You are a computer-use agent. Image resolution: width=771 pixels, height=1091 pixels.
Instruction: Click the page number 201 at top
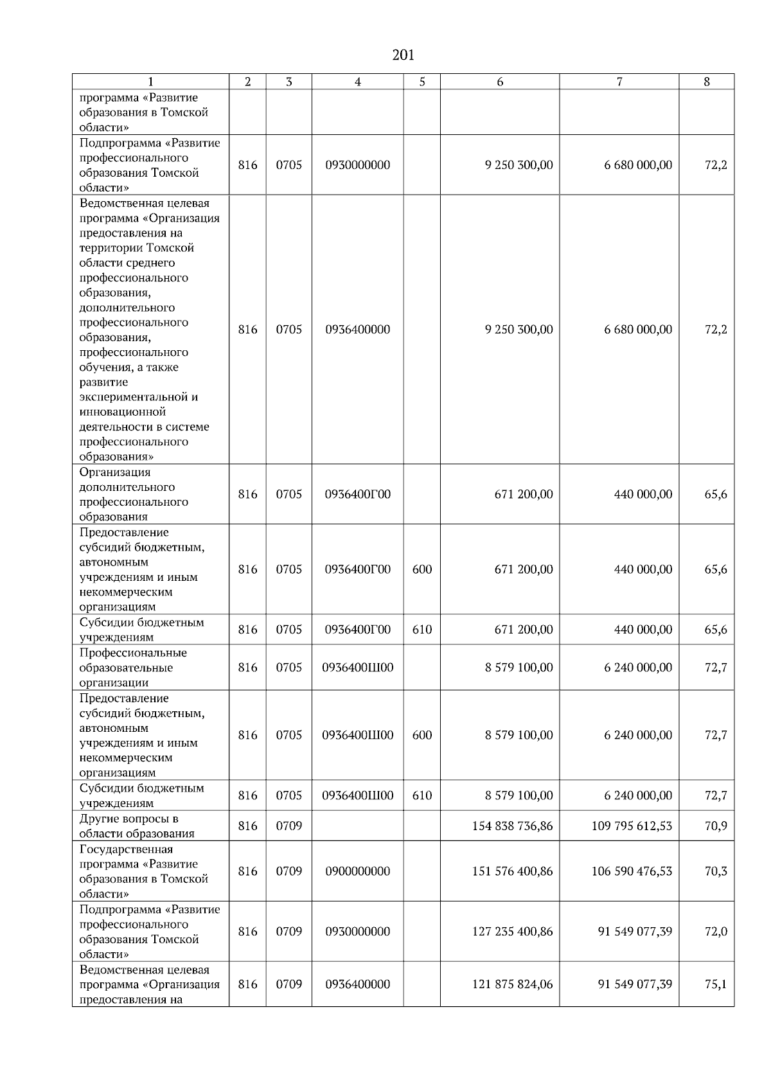coord(403,55)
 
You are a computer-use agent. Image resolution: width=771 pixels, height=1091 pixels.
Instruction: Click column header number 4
coord(357,82)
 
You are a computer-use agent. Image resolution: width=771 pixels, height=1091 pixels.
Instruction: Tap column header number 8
coord(707,82)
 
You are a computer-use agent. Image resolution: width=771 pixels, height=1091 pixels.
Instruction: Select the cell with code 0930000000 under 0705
coord(357,165)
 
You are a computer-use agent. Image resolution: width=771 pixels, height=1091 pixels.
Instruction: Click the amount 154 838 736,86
coord(512,826)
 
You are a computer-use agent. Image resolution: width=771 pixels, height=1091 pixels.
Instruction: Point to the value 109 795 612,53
coord(632,826)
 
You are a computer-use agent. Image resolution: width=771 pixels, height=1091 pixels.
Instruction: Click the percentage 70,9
coord(716,826)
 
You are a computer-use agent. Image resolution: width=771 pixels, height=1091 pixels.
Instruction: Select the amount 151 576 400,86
coord(512,871)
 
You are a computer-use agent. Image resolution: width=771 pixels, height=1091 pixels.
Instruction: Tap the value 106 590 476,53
coord(632,871)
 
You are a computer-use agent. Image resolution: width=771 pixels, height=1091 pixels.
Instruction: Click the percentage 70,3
coord(716,871)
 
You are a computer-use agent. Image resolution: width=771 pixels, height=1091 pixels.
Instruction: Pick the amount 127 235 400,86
coord(512,932)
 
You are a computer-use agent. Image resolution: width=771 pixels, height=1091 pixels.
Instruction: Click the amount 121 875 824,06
coord(512,984)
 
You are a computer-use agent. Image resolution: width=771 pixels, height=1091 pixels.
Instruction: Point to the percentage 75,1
coord(716,984)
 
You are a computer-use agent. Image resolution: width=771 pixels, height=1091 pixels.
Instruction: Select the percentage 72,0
coord(716,932)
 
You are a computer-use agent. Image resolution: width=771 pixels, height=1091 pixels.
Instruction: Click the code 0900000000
coord(357,871)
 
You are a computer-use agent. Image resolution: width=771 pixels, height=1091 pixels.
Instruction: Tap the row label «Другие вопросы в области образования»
coord(137,826)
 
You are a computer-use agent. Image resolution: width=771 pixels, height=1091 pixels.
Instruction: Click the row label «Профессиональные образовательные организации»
coord(133,668)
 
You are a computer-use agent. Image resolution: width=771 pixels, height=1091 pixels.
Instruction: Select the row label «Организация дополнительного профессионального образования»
coord(133,494)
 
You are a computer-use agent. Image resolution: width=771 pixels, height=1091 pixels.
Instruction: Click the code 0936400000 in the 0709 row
coord(357,984)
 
